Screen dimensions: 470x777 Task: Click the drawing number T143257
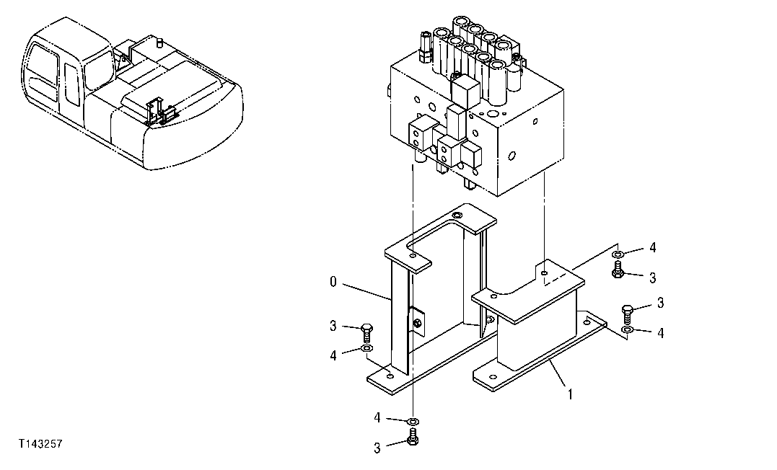41,445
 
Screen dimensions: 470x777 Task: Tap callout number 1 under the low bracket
570,394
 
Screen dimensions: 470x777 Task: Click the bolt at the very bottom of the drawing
413,436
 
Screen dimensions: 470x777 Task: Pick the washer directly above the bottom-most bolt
413,420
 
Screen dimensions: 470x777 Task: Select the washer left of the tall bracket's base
366,350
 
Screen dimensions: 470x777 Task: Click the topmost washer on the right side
618,254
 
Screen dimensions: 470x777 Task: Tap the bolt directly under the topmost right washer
618,270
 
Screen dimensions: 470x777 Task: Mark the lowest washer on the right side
628,330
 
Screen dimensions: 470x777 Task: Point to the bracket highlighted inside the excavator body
160,112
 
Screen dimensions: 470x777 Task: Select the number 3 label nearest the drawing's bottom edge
377,448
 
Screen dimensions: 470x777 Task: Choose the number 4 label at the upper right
652,248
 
